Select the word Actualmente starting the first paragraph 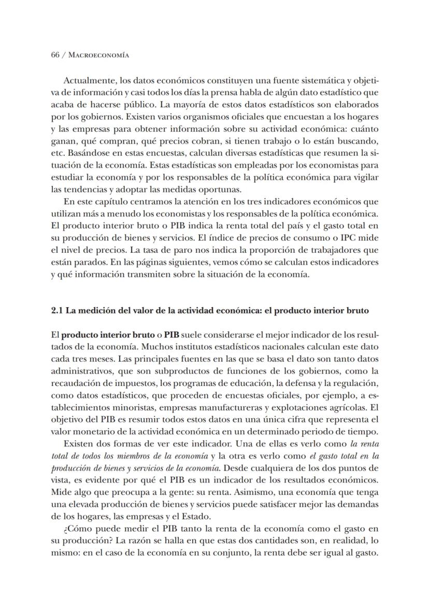point(89,80)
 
